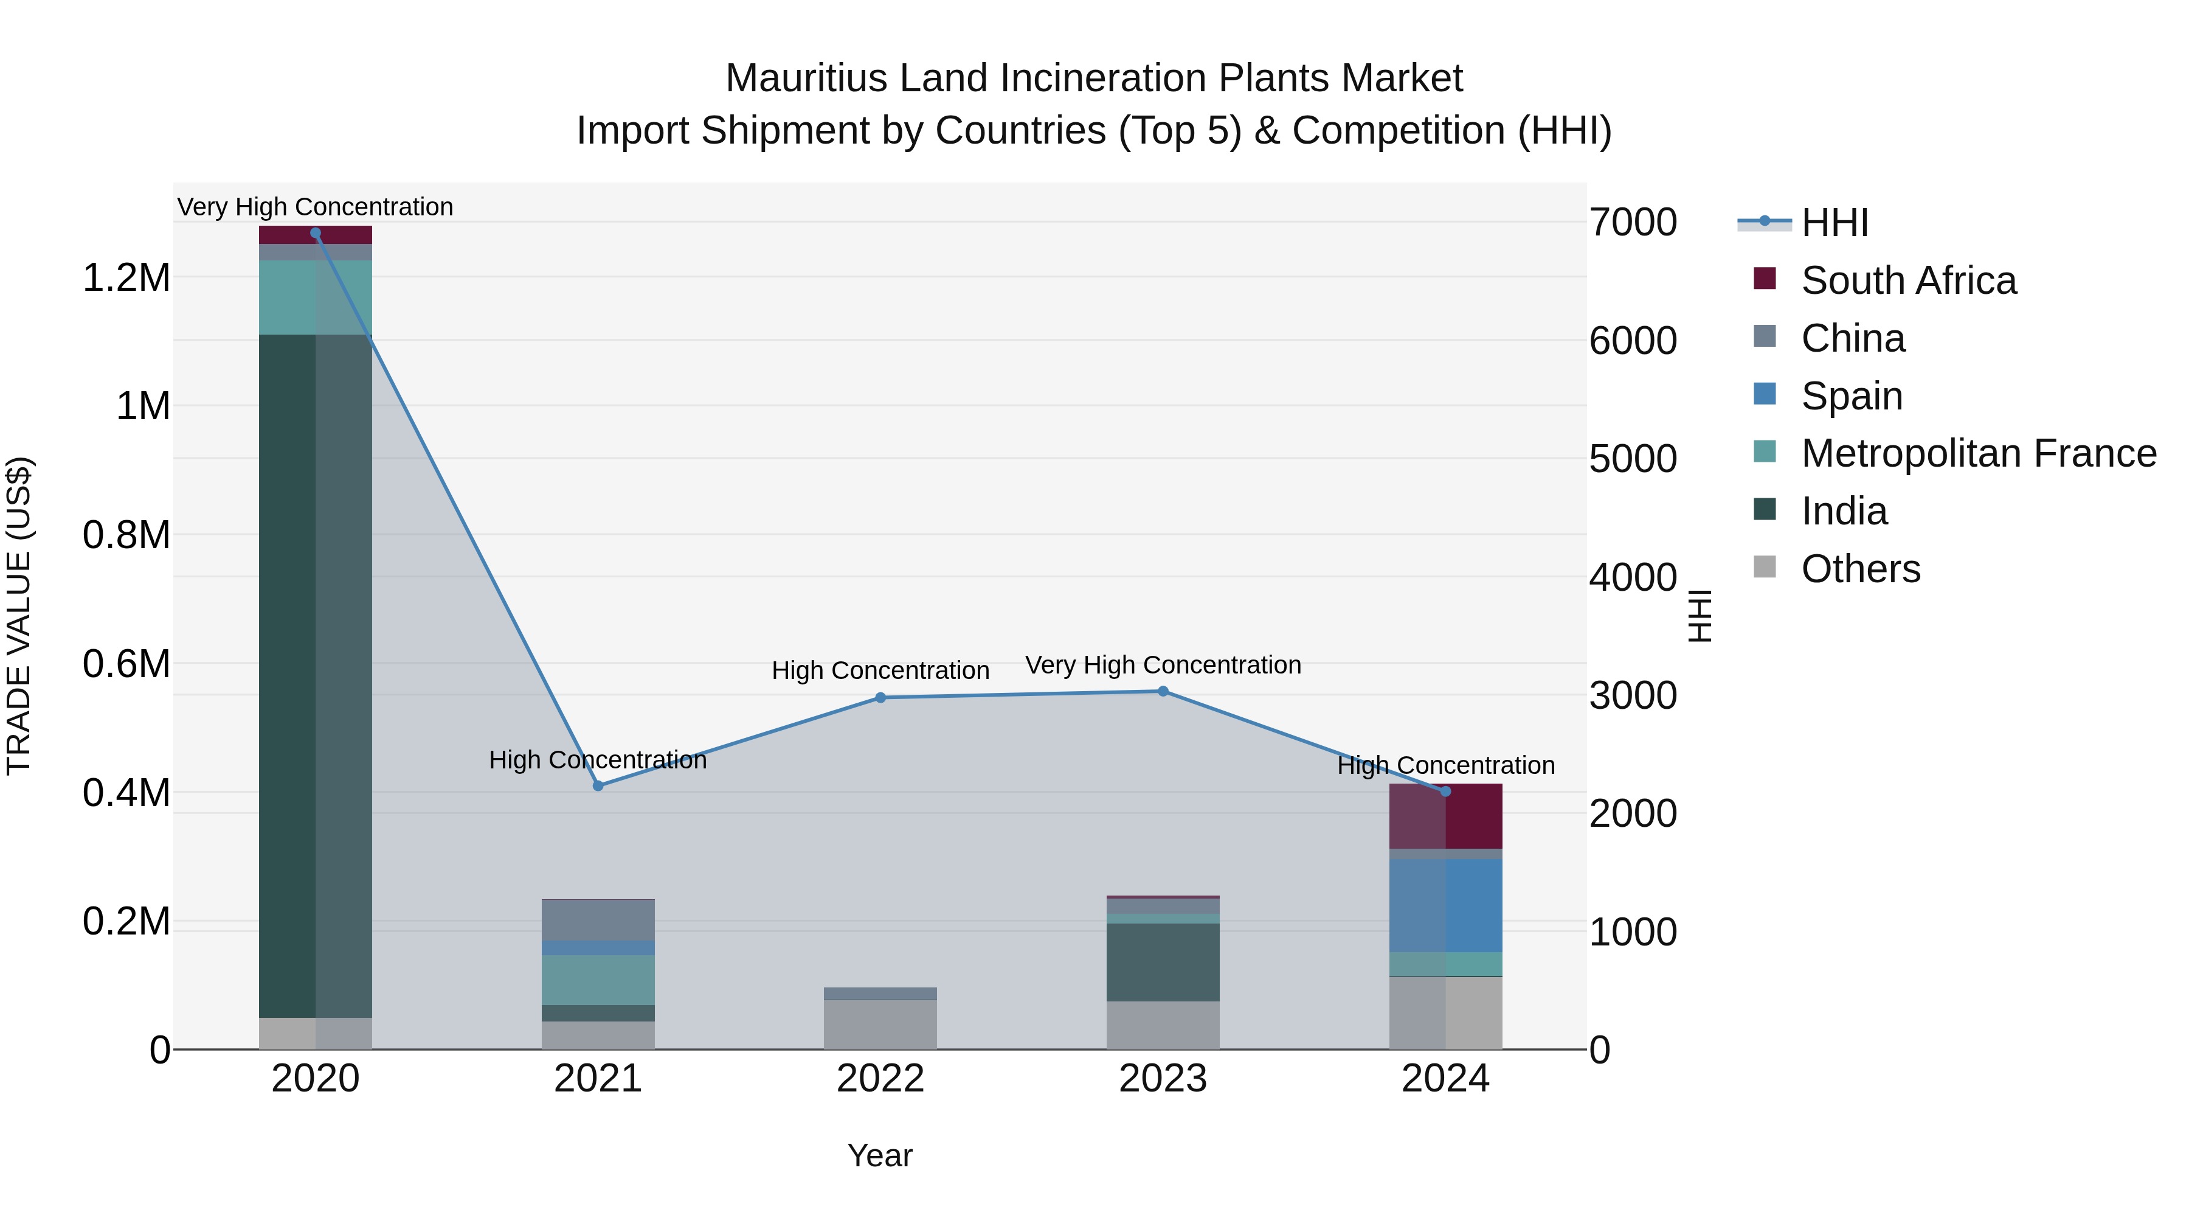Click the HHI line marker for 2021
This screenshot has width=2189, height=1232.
tap(598, 785)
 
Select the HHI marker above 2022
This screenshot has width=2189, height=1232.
tap(880, 697)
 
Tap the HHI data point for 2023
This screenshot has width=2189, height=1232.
tap(1163, 691)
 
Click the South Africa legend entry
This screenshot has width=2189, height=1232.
tap(1907, 280)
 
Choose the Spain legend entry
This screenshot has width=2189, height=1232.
tap(1852, 396)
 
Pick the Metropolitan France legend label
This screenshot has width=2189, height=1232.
tap(1978, 454)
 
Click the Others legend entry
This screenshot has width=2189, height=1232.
tap(1860, 569)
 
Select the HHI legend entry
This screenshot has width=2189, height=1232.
tap(1835, 223)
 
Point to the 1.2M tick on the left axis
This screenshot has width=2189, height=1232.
tap(126, 278)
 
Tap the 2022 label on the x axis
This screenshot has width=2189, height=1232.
tap(880, 1079)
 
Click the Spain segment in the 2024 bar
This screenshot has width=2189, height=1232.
tap(1445, 905)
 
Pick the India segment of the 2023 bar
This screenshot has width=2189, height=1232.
tap(1163, 962)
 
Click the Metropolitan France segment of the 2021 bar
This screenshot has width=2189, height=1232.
tap(598, 980)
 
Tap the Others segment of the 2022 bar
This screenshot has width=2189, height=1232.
tap(880, 1025)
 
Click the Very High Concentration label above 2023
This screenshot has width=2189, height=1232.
tap(1163, 665)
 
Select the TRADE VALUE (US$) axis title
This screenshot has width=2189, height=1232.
tap(19, 616)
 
